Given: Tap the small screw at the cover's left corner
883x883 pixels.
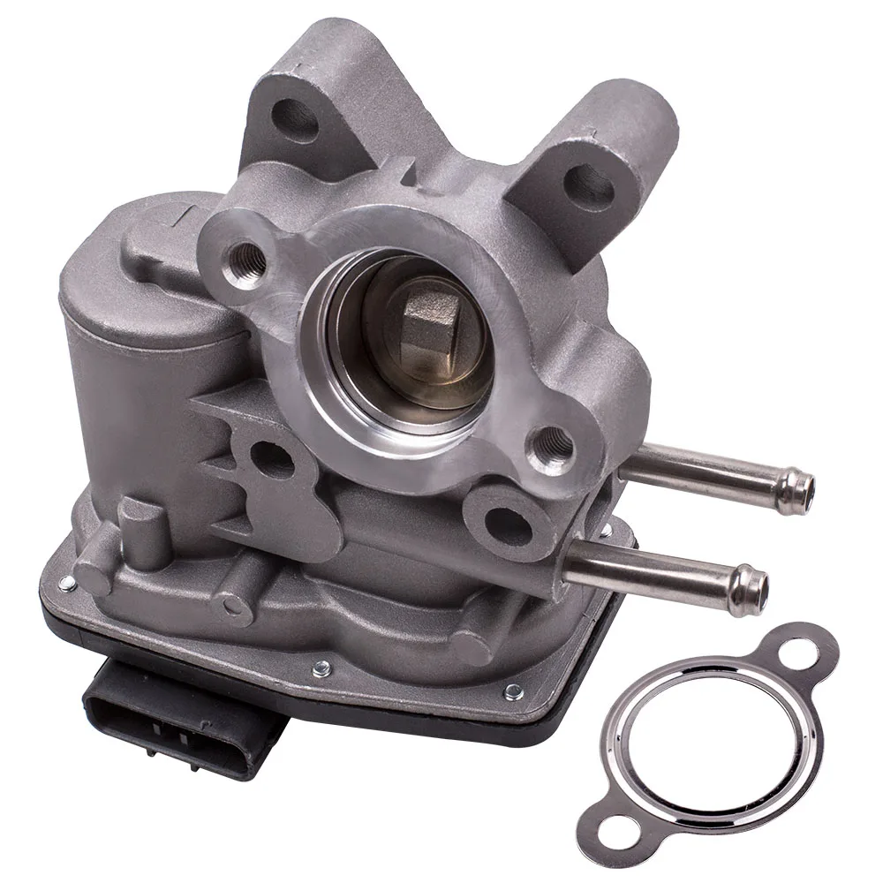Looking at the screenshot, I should click(67, 582).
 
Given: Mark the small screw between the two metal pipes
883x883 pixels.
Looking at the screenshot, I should click(606, 529).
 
